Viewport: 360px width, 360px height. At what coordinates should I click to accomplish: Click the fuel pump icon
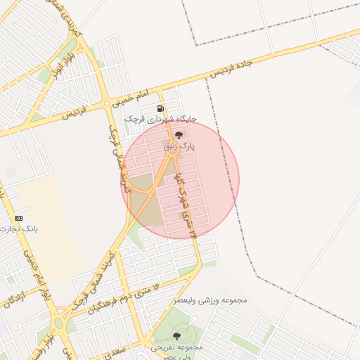pos(161,109)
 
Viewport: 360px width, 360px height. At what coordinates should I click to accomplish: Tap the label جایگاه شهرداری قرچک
pos(160,120)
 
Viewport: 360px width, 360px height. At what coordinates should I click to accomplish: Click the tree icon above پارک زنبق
pos(179,134)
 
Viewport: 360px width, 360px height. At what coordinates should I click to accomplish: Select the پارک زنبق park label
pos(179,146)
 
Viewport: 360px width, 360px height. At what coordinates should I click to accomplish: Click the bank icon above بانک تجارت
pos(18,218)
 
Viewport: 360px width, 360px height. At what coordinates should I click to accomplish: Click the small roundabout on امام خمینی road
pos(107,104)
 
